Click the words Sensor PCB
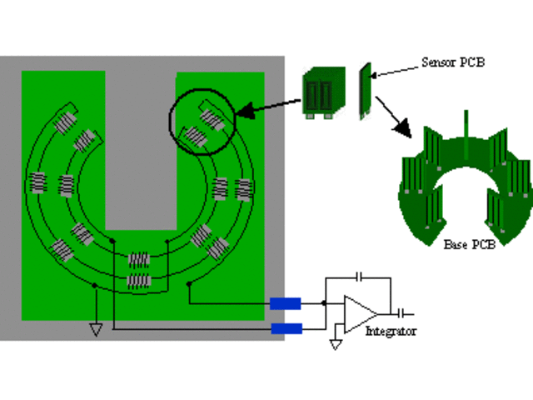click(454, 62)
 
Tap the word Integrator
click(391, 332)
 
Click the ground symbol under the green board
click(96, 329)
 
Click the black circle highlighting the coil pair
click(202, 122)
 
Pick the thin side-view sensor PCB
click(365, 90)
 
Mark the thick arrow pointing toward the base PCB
click(393, 117)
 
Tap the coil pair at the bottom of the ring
click(139, 270)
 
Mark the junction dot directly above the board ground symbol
click(96, 286)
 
